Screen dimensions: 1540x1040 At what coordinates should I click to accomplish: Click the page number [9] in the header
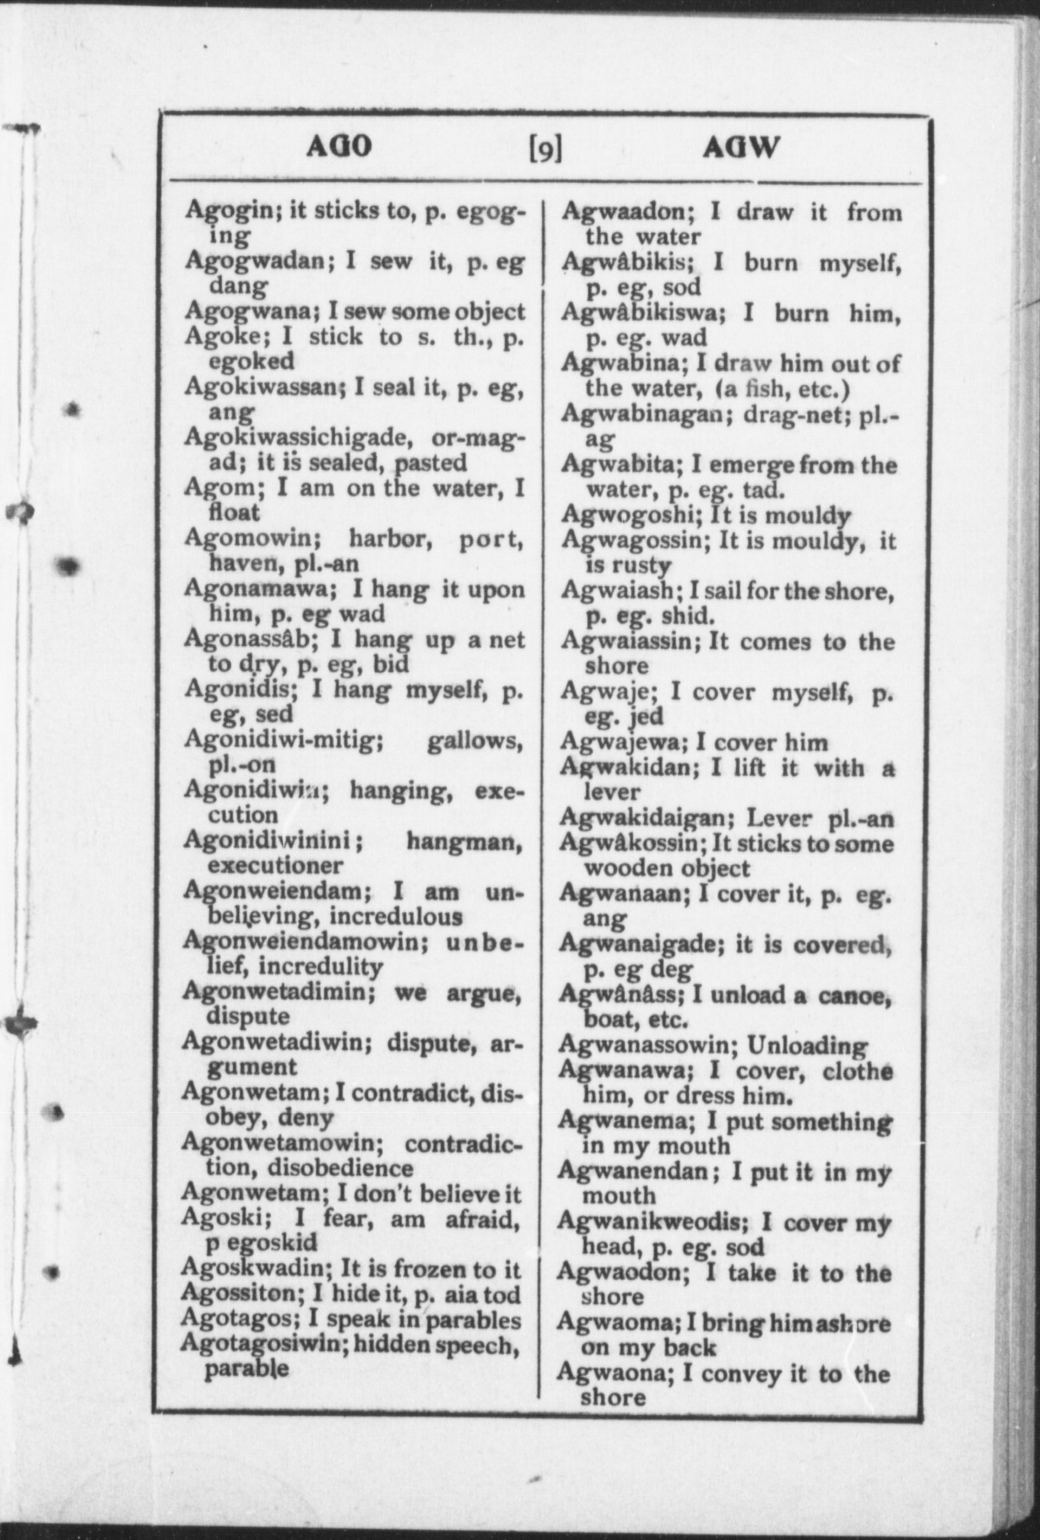point(544,149)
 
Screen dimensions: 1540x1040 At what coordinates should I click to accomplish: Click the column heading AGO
point(338,147)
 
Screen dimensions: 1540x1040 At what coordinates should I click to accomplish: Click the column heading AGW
point(740,149)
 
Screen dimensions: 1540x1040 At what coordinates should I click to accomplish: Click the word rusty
point(638,564)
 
